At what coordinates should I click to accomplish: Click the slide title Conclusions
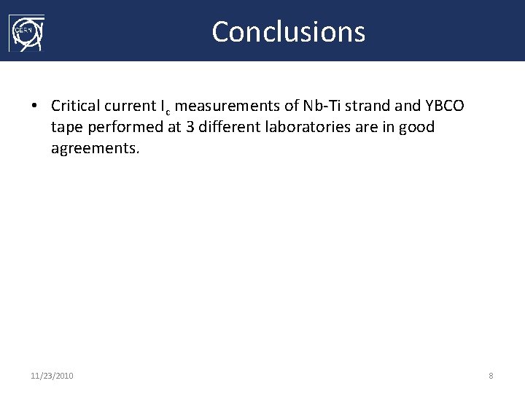click(288, 32)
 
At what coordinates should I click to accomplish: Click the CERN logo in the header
click(26, 33)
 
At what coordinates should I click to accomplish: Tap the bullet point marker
click(34, 107)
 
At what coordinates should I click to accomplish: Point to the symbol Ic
click(166, 107)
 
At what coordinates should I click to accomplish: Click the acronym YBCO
click(445, 106)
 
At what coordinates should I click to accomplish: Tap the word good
click(416, 128)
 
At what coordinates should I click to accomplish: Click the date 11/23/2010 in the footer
click(52, 376)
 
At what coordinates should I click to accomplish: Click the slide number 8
click(491, 376)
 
